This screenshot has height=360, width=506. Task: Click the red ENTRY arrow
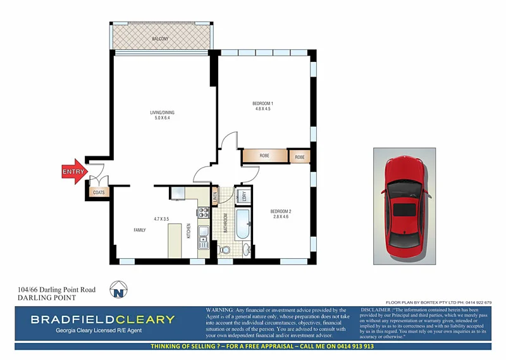(75, 171)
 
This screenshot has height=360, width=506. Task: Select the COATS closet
(99, 192)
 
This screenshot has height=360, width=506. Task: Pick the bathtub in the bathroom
(243, 227)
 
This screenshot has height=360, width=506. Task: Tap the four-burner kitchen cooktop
(204, 213)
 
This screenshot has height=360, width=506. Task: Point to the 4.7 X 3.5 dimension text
(161, 219)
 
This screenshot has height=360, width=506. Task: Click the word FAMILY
(140, 230)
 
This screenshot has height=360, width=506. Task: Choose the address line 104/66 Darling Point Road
(57, 290)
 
